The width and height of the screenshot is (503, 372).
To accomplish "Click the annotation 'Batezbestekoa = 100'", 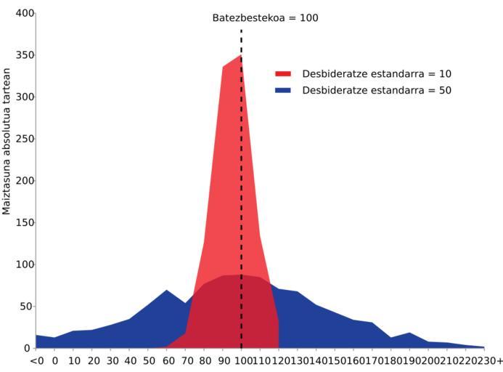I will click(x=265, y=17).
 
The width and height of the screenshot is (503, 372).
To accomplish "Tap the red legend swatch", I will click(x=283, y=74).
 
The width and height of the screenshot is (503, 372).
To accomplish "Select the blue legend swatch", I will click(x=283, y=91).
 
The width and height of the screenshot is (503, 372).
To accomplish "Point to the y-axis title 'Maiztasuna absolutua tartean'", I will click(x=7, y=142).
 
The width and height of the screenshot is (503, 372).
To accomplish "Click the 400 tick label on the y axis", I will click(x=24, y=13).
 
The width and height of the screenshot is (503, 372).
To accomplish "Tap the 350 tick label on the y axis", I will click(x=24, y=55).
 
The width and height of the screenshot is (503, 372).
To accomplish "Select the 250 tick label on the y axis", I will click(x=24, y=139).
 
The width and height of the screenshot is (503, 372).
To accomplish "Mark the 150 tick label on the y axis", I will click(x=24, y=222).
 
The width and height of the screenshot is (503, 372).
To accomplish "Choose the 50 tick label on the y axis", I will click(x=27, y=307).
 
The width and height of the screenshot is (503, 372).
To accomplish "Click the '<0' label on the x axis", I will click(x=36, y=361).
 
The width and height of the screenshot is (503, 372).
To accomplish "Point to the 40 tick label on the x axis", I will click(x=129, y=361).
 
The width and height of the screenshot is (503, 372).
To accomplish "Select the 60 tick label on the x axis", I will click(x=166, y=361).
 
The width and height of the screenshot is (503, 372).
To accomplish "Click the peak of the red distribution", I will click(x=240, y=56).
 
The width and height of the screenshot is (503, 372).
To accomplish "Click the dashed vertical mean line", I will click(x=241, y=182).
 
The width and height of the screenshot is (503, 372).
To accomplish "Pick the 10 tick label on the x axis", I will click(x=73, y=361).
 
